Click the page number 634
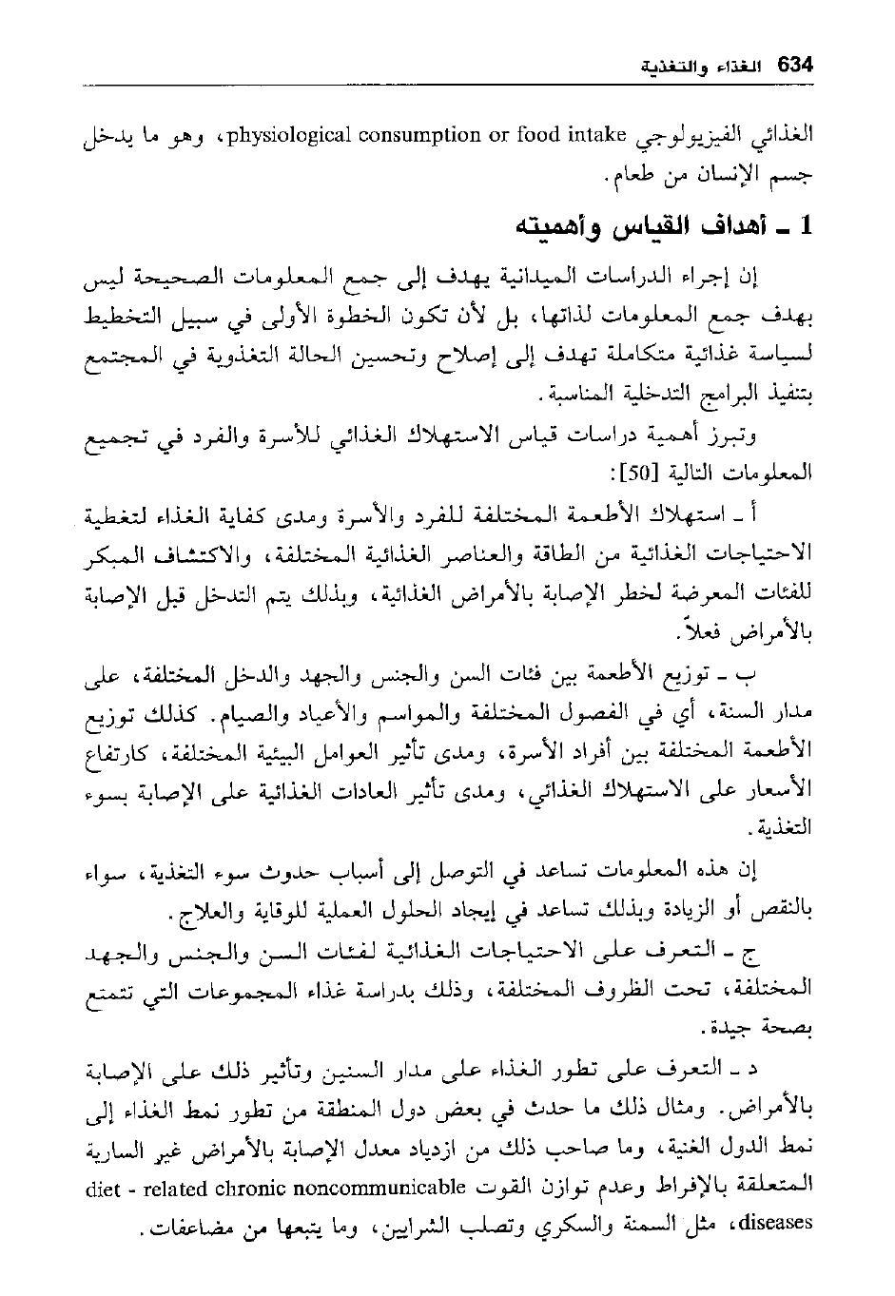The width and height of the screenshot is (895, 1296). coord(794,66)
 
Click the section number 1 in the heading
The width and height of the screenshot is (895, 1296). coord(807,228)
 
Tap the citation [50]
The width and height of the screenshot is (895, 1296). coord(636,471)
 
